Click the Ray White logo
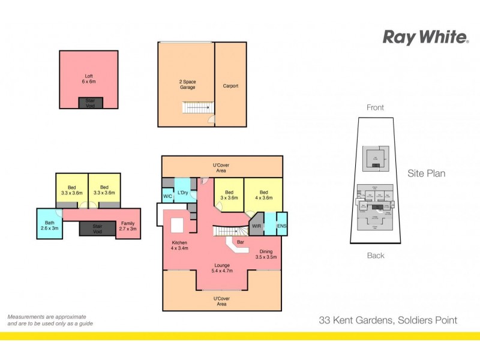tap(426, 37)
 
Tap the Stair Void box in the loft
tap(90, 103)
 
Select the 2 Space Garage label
tap(187, 85)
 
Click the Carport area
tap(230, 86)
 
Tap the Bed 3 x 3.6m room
tap(229, 194)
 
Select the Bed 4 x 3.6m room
tap(263, 194)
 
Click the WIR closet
tap(256, 226)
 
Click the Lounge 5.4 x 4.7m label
tap(222, 268)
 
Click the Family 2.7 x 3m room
tap(128, 225)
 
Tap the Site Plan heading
tap(426, 173)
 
